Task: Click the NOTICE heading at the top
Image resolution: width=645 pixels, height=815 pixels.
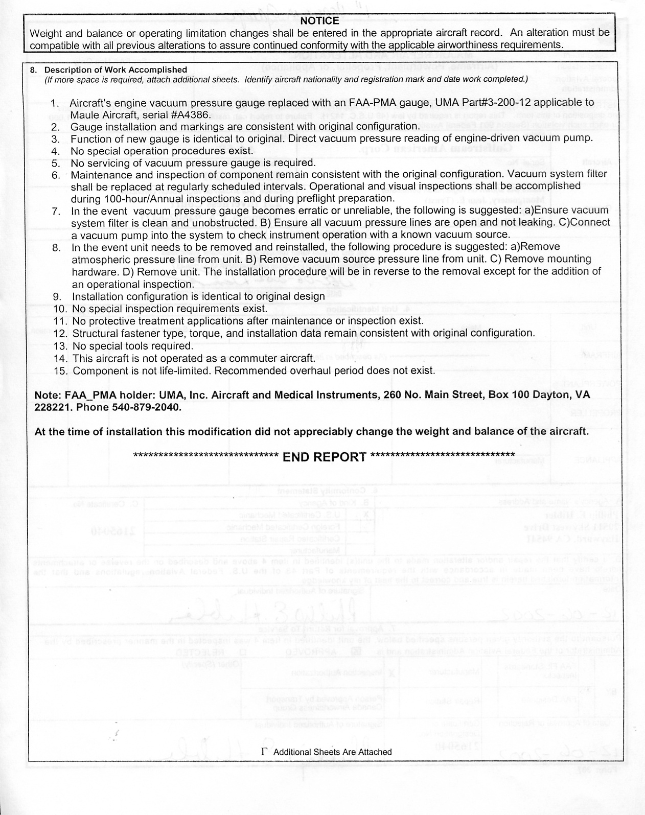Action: (320, 21)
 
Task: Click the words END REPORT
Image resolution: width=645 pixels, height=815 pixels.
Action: (325, 457)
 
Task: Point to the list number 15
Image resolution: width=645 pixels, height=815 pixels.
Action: (60, 371)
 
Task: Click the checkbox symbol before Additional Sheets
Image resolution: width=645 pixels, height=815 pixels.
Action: (264, 752)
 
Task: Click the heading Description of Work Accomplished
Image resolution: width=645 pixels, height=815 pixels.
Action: (116, 69)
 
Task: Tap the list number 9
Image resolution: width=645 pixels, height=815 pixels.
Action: (57, 297)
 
